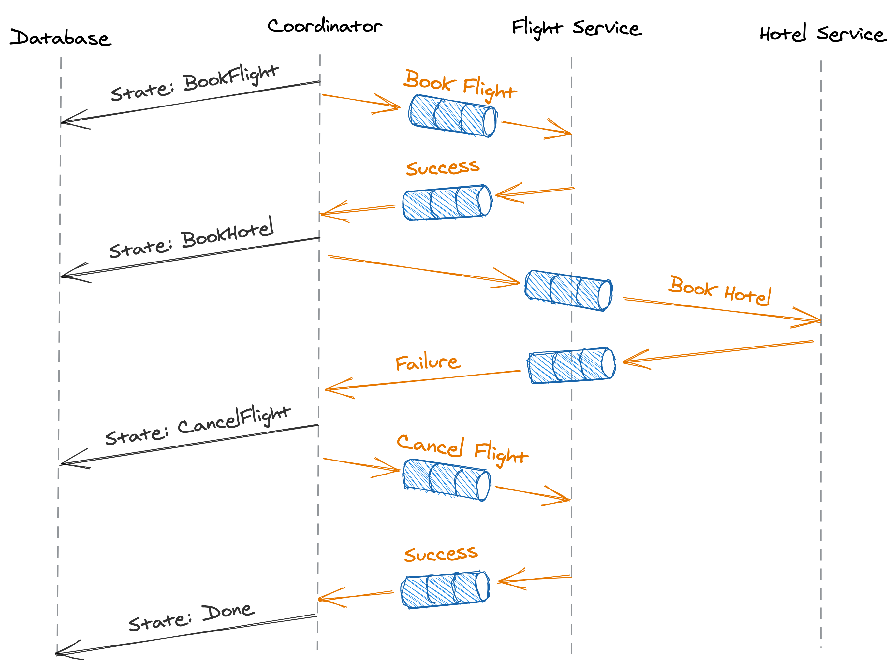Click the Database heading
(x=61, y=37)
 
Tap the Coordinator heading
(x=324, y=26)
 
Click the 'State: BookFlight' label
(x=195, y=83)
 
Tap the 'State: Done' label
(x=192, y=617)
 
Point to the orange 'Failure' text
(x=428, y=362)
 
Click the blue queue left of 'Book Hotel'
(x=569, y=290)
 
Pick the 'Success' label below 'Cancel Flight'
(x=441, y=554)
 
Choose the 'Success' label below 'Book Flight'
(x=443, y=167)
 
